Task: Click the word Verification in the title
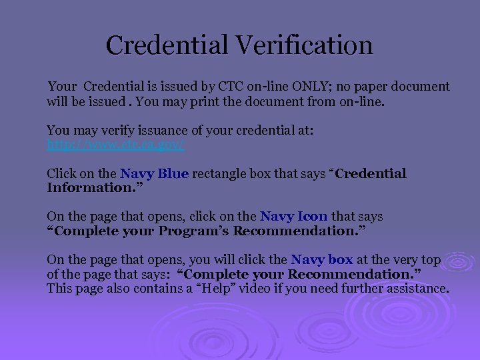[303, 45]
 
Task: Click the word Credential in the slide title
[167, 45]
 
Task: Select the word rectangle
[223, 173]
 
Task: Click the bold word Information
[91, 187]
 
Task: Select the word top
[431, 259]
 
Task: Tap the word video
[321, 289]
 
